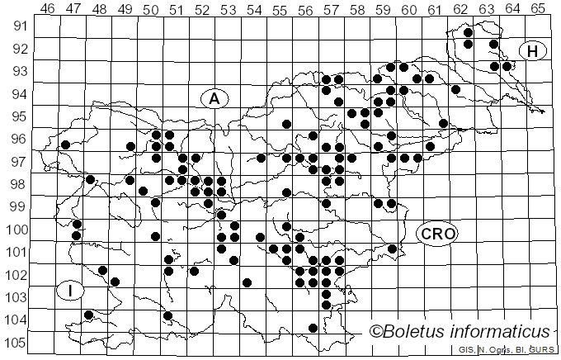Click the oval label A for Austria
point(214,98)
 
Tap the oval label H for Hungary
point(533,51)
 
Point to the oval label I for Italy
point(71,291)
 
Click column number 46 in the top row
point(48,8)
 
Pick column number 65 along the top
point(538,8)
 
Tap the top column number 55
point(280,8)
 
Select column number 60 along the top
point(409,8)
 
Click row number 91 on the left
point(18,26)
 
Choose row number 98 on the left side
point(18,183)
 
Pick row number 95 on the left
point(18,116)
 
